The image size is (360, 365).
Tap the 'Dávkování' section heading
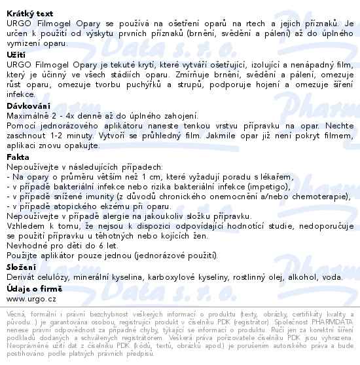(29, 105)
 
